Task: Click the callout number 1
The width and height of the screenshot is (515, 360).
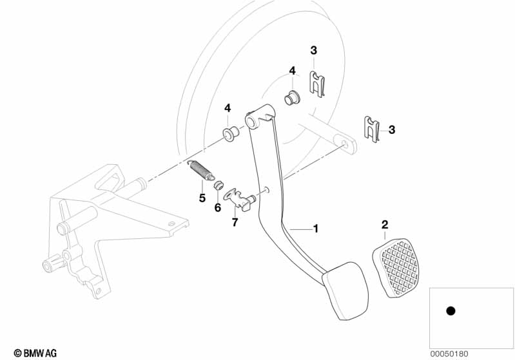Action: tap(316, 229)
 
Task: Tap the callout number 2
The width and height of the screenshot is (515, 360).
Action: tap(385, 225)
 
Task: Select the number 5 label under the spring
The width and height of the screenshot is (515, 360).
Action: tap(202, 198)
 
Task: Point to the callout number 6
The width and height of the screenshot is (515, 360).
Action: tap(218, 207)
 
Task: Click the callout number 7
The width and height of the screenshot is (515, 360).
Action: tap(235, 222)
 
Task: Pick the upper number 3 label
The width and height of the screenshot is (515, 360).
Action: tap(314, 50)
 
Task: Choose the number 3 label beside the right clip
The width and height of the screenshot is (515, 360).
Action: tap(391, 129)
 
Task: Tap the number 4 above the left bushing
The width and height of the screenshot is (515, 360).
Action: tap(228, 108)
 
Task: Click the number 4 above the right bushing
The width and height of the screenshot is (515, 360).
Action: tap(292, 71)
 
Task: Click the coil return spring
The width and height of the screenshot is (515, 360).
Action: tap(200, 169)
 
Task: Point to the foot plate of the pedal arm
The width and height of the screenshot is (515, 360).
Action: tap(345, 290)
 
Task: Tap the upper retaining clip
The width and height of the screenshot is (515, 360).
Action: tap(318, 84)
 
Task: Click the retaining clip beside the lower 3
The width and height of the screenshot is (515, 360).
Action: tap(372, 129)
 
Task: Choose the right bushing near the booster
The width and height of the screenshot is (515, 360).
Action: tap(291, 97)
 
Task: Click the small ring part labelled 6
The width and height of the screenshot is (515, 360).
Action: tap(218, 185)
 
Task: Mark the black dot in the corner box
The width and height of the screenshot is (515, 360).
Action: tap(451, 310)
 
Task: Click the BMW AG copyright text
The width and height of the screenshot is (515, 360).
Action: tap(35, 353)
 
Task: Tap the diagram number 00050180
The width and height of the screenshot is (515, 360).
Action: tap(449, 354)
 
